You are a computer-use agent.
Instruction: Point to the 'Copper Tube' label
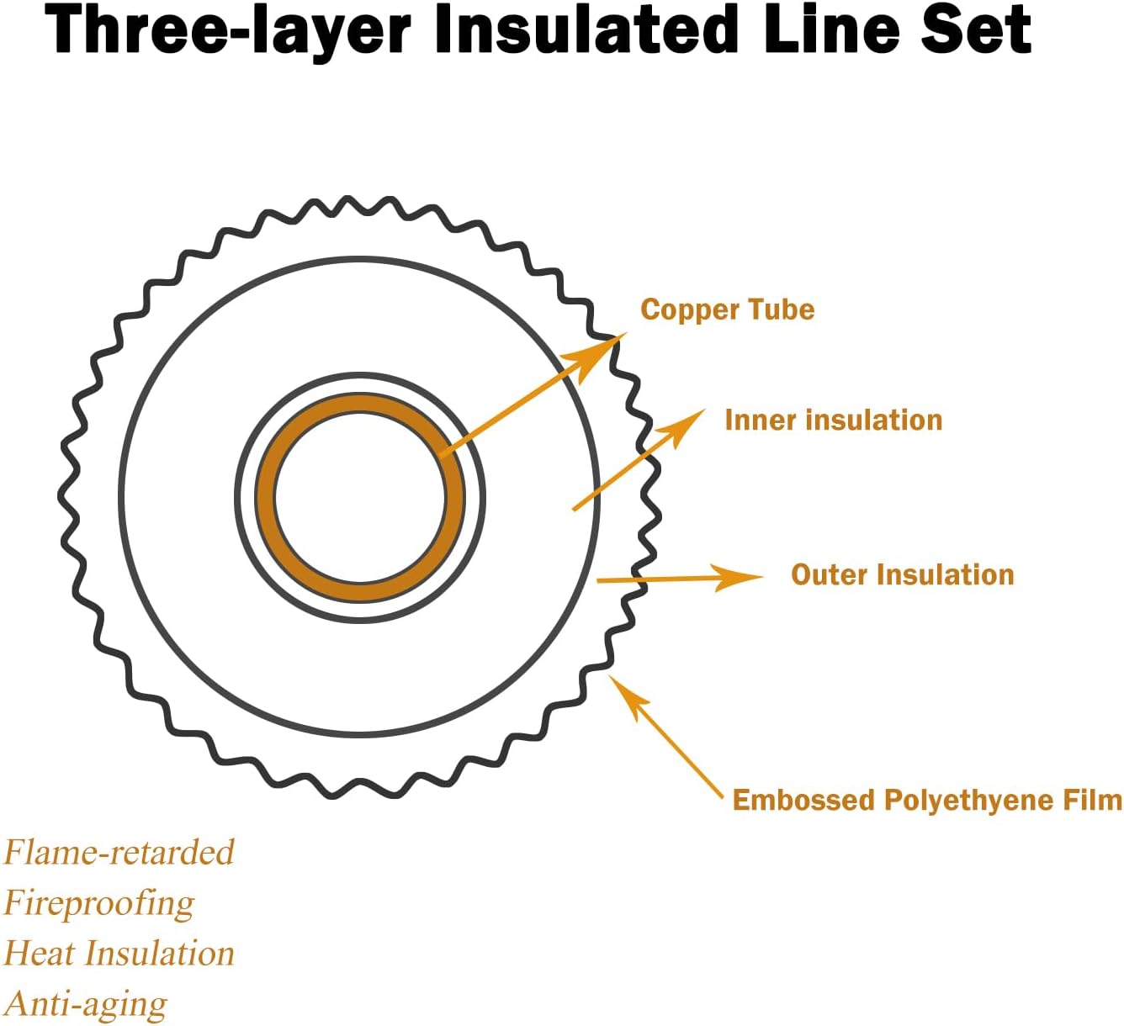tap(727, 309)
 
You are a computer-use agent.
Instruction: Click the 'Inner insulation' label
tap(833, 420)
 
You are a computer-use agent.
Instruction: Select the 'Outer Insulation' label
tap(902, 574)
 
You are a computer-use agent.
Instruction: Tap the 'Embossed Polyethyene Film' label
tap(926, 799)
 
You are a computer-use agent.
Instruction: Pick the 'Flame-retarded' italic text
tap(119, 852)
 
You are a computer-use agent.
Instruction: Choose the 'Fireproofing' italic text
tap(99, 903)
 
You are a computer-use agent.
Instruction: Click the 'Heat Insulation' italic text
tap(119, 954)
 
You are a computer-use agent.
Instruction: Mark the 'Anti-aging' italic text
tap(86, 1004)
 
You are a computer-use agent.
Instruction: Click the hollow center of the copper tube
tap(360, 497)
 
